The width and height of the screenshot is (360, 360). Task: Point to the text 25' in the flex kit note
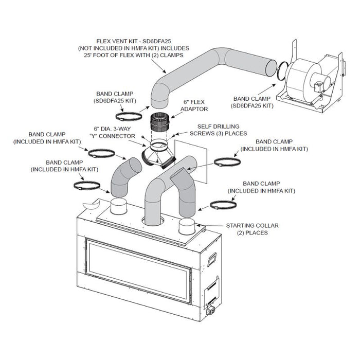pos(85,55)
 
